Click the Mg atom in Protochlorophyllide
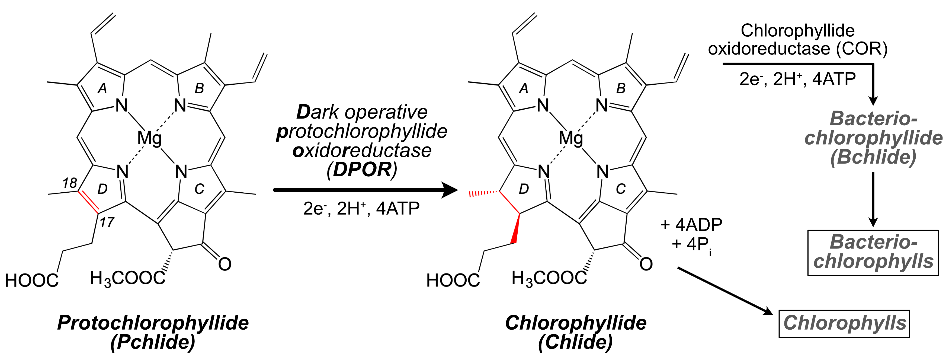pos(149,139)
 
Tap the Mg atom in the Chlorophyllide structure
pos(571,139)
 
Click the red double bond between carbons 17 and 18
pos(88,202)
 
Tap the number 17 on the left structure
pos(107,222)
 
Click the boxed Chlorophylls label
pos(844,324)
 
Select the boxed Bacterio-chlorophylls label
pos(873,252)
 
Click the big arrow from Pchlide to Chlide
pos(365,190)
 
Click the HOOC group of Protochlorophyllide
pos(32,281)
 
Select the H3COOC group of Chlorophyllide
pos(549,278)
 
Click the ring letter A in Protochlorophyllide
pos(102,88)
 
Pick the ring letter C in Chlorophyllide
pos(621,189)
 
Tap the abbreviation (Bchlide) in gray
pos(873,157)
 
